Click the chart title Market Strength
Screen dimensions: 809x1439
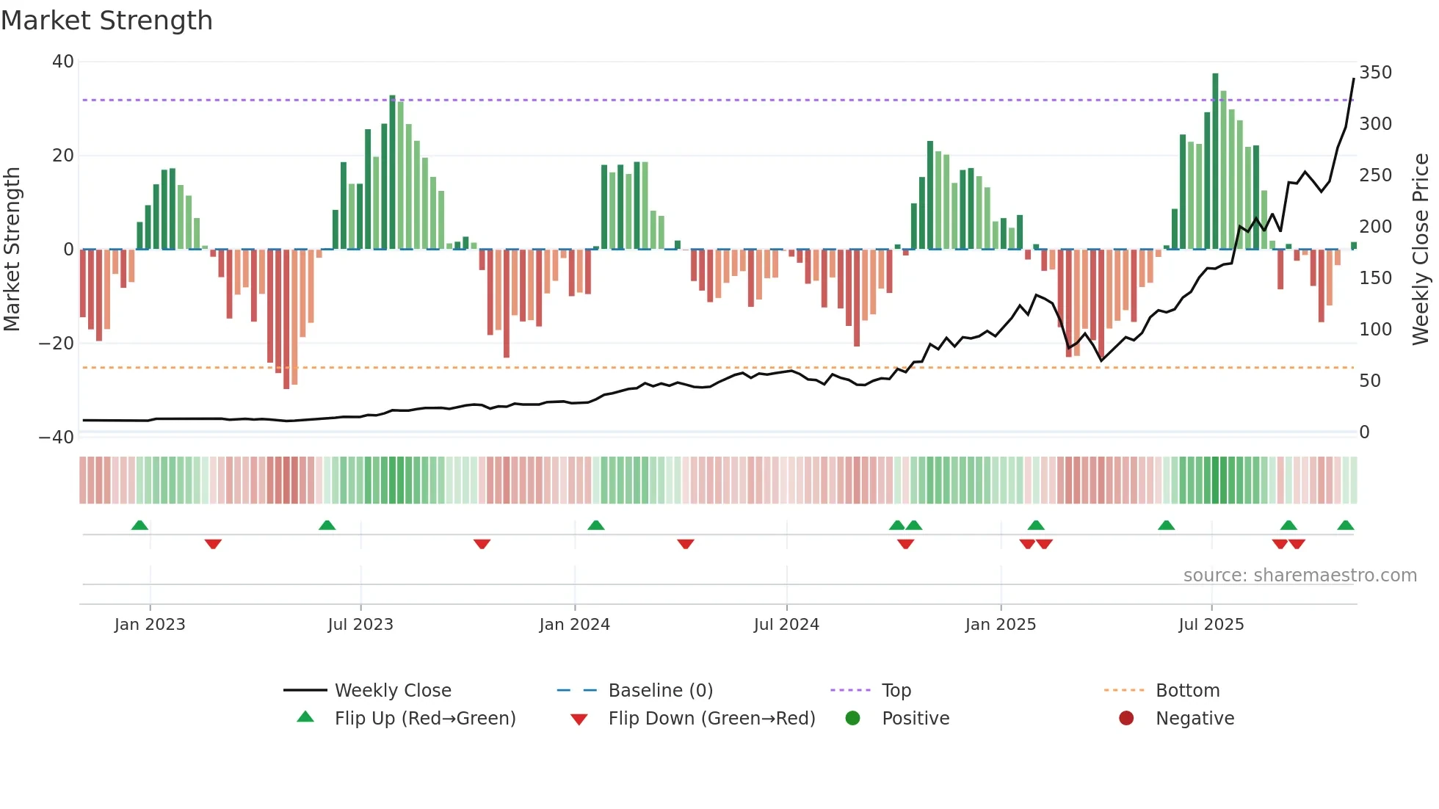point(106,21)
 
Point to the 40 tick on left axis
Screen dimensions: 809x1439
point(63,62)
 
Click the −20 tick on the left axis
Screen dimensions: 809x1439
point(57,343)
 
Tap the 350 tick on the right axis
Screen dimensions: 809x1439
point(1375,73)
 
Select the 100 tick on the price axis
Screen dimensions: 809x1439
point(1375,329)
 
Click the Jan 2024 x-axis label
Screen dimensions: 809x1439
point(574,625)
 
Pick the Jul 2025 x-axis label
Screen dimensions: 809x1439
point(1211,625)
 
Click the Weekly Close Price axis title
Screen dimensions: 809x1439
point(1421,250)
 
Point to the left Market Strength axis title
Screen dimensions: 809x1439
point(12,250)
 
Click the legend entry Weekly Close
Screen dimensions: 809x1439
point(392,691)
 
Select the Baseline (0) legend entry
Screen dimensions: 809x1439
point(660,691)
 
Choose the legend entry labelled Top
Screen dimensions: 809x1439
point(896,691)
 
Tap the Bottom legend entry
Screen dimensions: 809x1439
point(1187,691)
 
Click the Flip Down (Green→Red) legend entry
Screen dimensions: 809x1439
point(711,719)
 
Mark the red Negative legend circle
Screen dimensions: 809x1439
point(1126,718)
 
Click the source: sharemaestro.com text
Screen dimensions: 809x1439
point(1300,576)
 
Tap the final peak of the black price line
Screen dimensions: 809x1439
point(1353,79)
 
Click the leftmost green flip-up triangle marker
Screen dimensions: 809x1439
point(139,525)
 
